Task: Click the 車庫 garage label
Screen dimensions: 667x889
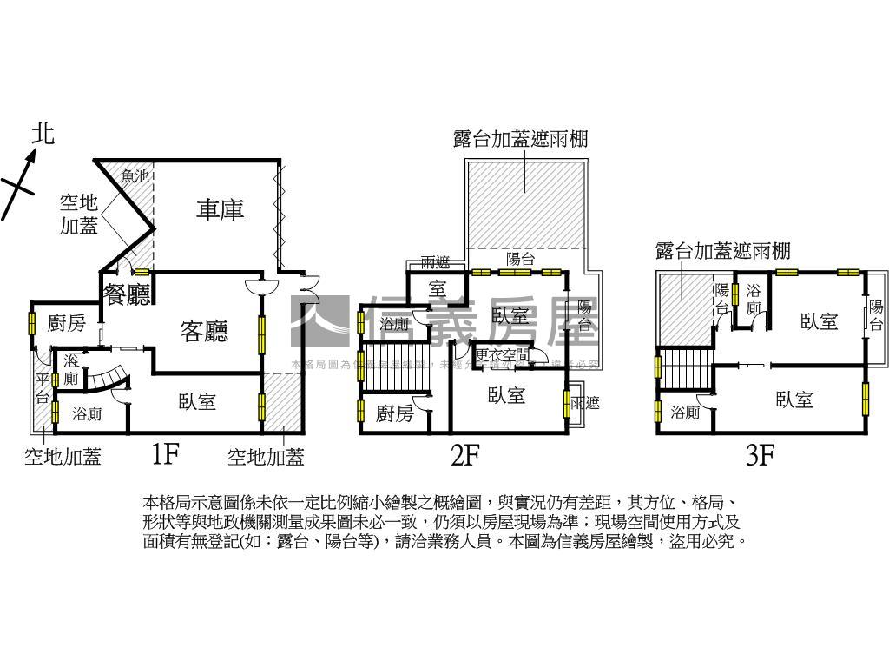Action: point(220,209)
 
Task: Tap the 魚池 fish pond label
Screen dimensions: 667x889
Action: point(135,176)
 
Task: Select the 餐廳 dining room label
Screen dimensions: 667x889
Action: point(127,295)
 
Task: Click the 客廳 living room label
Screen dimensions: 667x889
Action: point(204,331)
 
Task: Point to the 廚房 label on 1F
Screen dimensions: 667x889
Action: point(67,324)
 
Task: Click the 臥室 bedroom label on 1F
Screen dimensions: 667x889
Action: point(197,401)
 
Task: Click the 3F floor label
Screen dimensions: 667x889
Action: point(760,455)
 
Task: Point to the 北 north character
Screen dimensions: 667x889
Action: point(43,133)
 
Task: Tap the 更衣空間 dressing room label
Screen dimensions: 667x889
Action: point(502,355)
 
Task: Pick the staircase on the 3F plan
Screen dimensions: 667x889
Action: point(684,371)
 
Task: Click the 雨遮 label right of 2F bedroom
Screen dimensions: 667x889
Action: point(581,402)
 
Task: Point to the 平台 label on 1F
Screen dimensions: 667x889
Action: point(43,388)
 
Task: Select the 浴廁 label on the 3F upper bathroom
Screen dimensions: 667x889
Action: point(753,299)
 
